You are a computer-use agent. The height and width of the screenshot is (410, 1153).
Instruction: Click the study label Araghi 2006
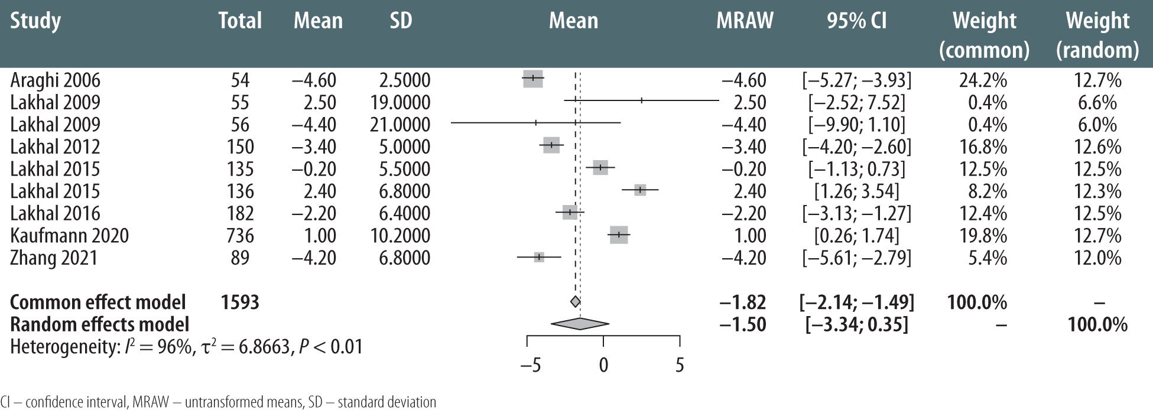point(55,80)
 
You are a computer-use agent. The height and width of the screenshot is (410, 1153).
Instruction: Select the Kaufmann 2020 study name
point(69,236)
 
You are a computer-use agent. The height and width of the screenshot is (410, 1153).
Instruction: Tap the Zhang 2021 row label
point(54,258)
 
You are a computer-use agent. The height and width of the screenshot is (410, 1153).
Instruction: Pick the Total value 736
point(240,236)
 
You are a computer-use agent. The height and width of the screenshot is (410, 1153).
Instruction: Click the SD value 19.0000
point(401,103)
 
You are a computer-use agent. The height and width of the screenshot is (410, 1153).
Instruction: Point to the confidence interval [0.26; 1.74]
point(856,236)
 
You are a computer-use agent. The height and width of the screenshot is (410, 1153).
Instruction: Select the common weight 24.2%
point(983,80)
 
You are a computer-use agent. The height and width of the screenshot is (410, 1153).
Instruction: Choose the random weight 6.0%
point(1097,125)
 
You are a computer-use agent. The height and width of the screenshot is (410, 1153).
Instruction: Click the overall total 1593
point(240,302)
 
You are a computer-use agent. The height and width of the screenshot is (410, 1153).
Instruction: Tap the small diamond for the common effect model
point(575,302)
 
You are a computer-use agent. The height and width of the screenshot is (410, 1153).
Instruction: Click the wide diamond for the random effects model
point(579,324)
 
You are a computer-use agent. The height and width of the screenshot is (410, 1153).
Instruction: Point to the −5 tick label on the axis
point(530,365)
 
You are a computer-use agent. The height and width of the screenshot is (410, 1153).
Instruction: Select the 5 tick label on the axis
point(680,365)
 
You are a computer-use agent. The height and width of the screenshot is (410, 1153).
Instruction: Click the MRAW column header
point(745,21)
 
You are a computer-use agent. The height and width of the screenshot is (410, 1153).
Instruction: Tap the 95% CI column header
point(856,21)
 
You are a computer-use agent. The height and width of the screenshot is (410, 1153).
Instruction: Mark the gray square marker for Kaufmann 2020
point(619,235)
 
